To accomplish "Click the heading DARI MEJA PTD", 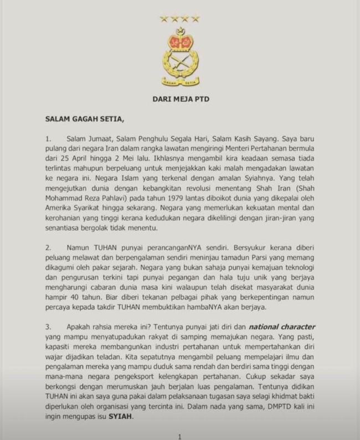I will coord(180,100).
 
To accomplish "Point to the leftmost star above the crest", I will coord(163,19).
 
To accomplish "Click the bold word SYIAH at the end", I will coord(141,418).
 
